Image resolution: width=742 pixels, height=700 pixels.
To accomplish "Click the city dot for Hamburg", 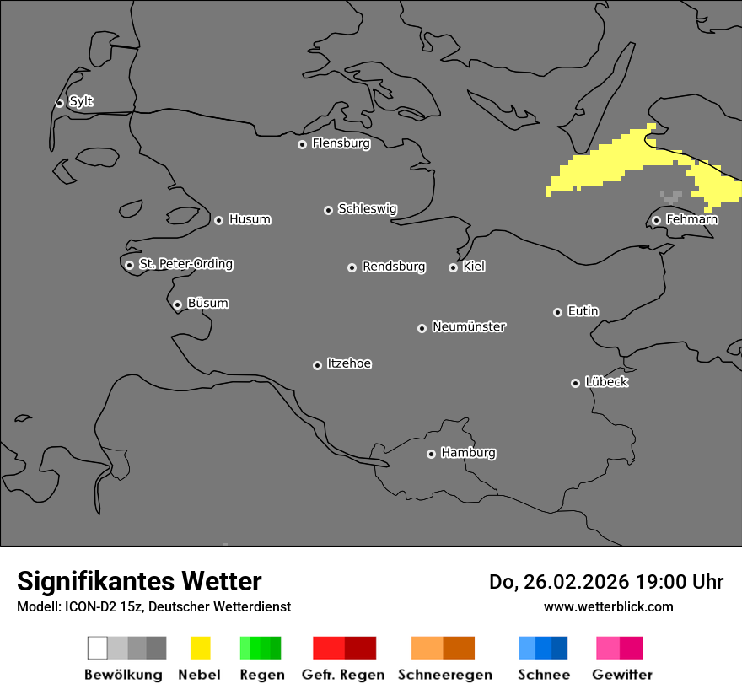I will [431, 454].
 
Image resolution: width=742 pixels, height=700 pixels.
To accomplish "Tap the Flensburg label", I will [341, 143].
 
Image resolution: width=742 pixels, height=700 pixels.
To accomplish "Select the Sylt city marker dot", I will [60, 103].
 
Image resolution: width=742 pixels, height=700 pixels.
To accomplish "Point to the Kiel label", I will [474, 267].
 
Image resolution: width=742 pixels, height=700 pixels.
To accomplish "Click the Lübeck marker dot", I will [575, 383].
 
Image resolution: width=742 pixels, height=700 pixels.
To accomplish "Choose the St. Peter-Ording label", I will [185, 264].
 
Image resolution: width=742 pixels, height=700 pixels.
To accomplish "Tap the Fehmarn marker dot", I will [656, 220].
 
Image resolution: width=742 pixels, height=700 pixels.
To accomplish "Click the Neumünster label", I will [469, 326].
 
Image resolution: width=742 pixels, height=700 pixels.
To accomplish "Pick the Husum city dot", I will [218, 220].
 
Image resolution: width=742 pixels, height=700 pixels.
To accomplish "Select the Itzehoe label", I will [349, 363].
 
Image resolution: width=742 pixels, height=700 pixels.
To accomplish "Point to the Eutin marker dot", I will [557, 312].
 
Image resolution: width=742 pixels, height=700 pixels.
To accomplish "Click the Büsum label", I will [207, 303].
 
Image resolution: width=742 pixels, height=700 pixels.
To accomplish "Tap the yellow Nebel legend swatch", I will [200, 648].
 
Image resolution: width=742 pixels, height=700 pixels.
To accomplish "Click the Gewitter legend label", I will [622, 675].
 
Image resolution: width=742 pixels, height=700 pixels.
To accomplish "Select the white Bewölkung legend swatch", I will [97, 648].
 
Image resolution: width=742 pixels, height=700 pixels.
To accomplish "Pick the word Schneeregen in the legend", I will [444, 675].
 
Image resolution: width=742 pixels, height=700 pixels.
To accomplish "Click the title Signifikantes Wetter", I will [139, 581].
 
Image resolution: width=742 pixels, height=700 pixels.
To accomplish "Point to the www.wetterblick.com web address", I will [608, 606].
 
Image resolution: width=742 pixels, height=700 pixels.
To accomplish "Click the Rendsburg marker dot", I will [352, 267].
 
